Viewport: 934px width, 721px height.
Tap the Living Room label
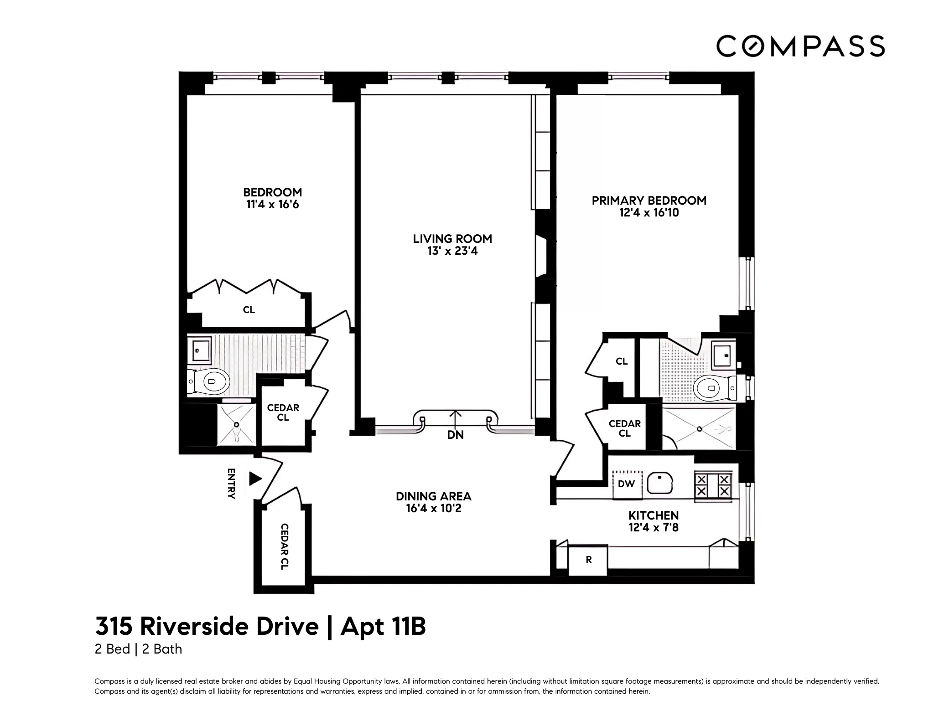[x=452, y=239]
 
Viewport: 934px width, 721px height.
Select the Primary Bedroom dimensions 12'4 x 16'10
[x=649, y=213]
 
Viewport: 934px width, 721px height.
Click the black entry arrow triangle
[x=255, y=479]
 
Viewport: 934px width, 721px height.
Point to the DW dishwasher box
[x=627, y=484]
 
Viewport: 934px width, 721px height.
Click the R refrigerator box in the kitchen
[x=588, y=560]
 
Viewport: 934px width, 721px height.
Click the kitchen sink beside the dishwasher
[x=659, y=483]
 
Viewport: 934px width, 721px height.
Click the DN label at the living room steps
[x=455, y=435]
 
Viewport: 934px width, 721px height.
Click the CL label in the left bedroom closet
[x=249, y=310]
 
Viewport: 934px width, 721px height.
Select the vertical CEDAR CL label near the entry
[x=284, y=546]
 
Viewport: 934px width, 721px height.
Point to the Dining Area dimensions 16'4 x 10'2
[x=434, y=508]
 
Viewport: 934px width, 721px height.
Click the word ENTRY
[x=231, y=484]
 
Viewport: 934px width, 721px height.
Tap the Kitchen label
[x=654, y=515]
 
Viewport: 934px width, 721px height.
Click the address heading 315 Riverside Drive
[x=207, y=626]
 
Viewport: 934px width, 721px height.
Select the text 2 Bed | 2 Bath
[x=138, y=649]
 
